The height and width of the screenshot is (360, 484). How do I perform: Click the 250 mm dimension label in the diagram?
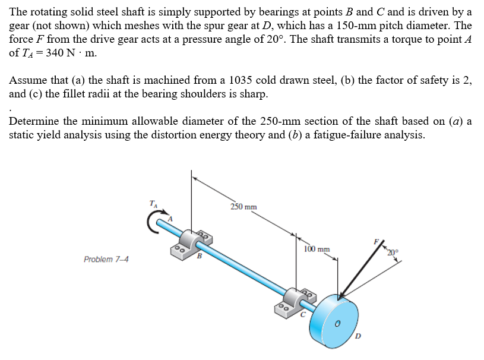point(243,207)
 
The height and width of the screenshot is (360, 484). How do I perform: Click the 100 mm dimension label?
point(316,250)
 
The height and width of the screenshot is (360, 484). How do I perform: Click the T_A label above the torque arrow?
point(154,204)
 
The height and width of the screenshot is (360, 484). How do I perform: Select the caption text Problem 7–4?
point(107,260)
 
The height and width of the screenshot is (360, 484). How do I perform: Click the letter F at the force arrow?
point(375,242)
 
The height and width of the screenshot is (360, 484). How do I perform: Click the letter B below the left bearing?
point(200,257)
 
